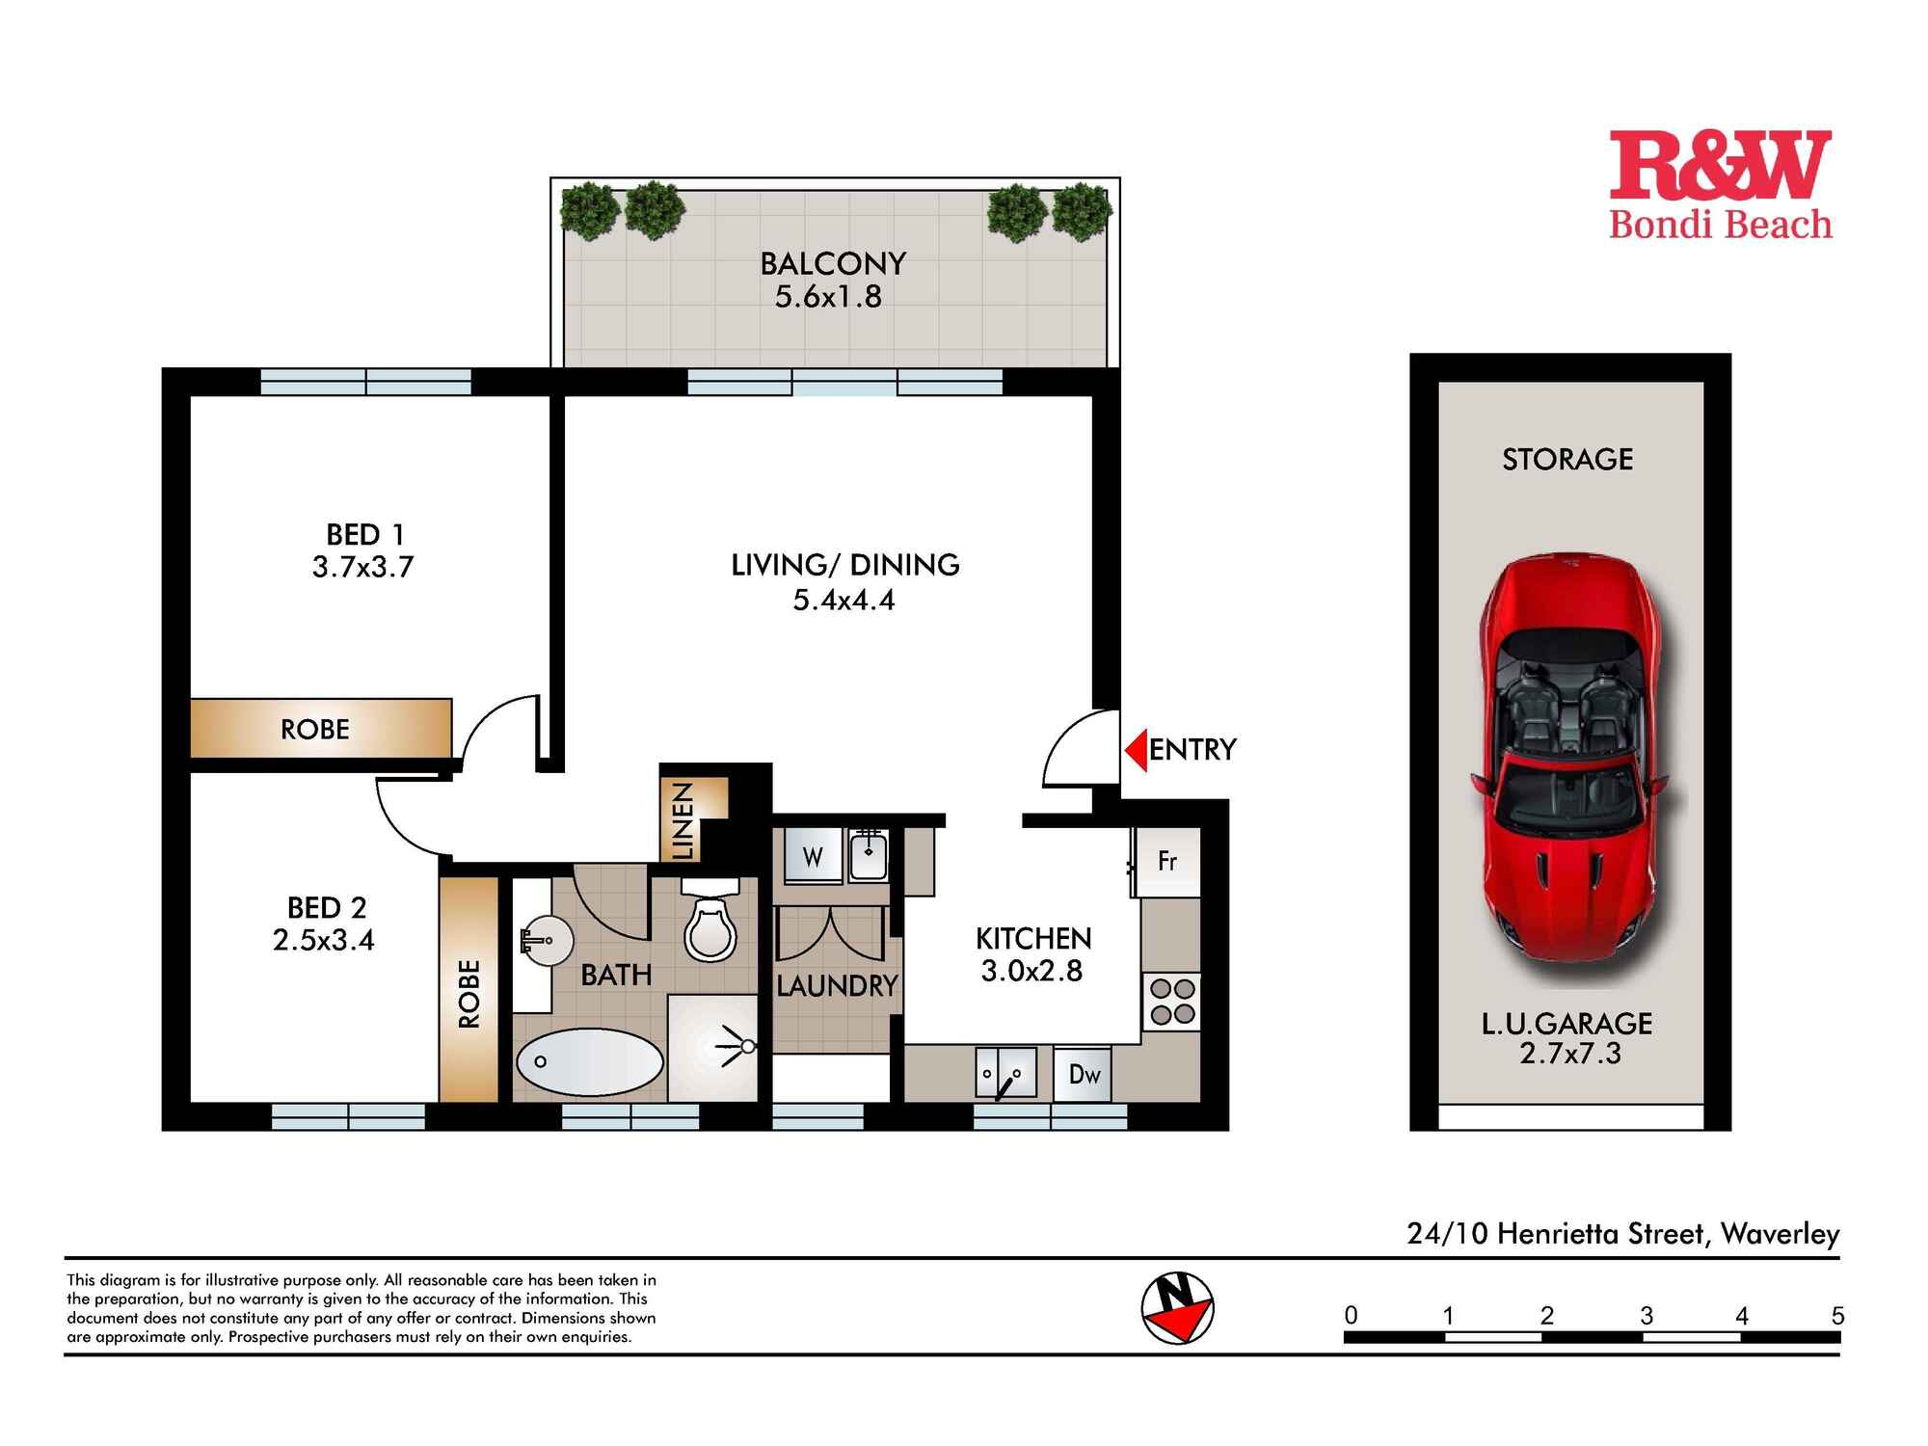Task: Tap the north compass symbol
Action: tap(1177, 1308)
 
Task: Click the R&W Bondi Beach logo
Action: tap(1721, 186)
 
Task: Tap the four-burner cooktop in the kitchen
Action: tap(1172, 1002)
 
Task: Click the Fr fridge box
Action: tap(1167, 861)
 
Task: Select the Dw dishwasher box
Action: tap(1084, 1074)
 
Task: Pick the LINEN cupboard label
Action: tap(683, 820)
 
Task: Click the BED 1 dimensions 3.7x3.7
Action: tap(362, 567)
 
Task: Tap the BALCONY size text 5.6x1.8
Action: tap(828, 296)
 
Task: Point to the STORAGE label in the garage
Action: tap(1567, 459)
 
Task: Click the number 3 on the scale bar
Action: tap(1646, 1315)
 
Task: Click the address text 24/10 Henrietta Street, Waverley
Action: tap(1622, 1234)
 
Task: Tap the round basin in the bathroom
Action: tap(547, 940)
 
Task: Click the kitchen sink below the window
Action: tap(1005, 1073)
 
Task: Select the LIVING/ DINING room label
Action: tap(844, 565)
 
